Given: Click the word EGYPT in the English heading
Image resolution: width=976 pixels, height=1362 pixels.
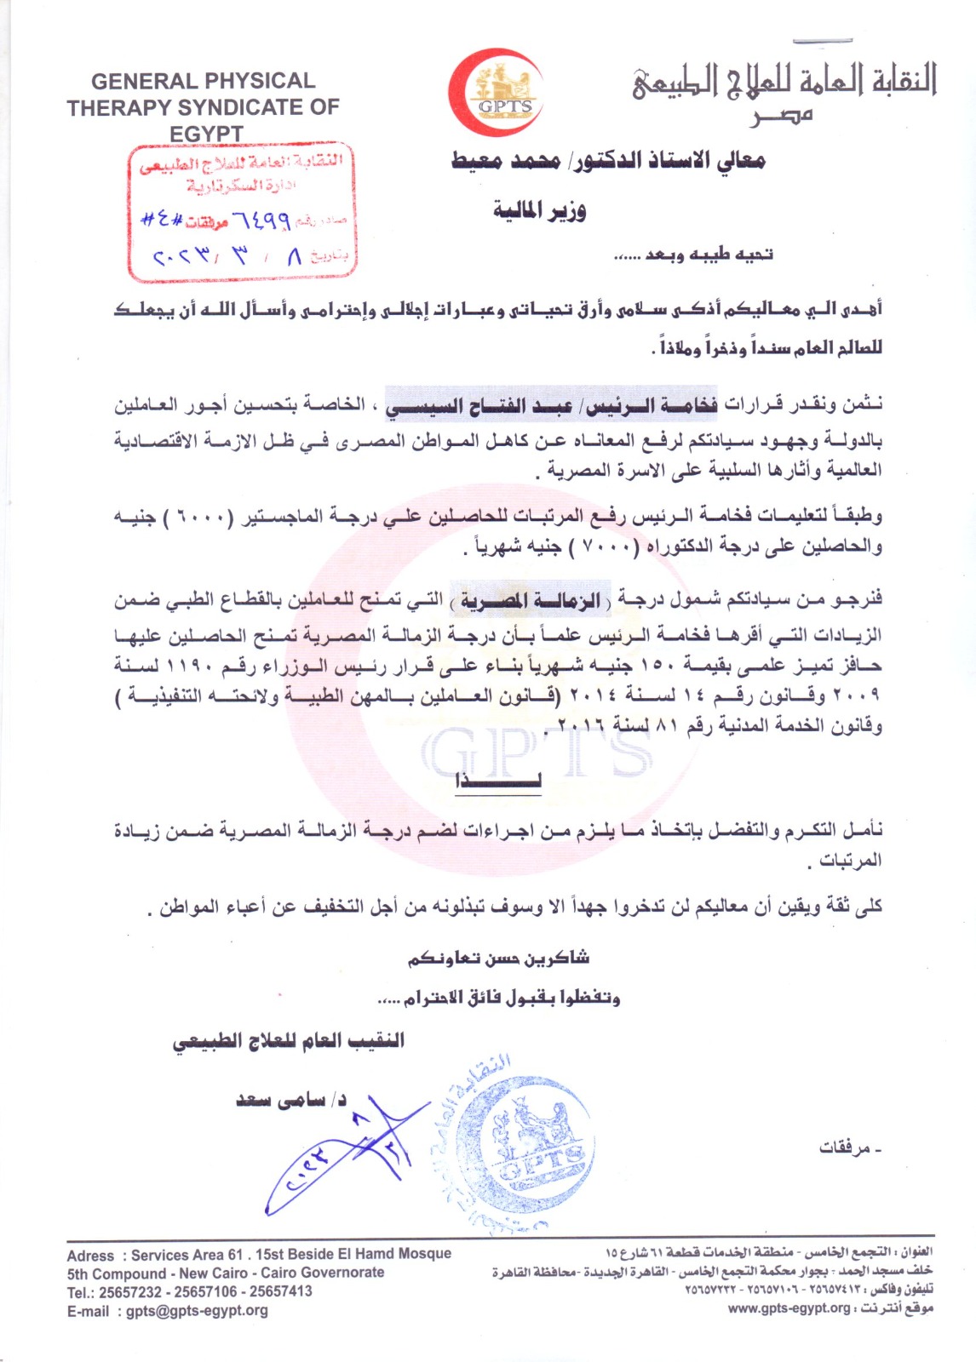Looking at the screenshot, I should click(x=206, y=134).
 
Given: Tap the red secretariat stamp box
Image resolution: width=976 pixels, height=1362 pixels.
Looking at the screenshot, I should click(x=242, y=211).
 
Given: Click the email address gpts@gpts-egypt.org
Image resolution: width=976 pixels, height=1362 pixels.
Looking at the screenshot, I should click(x=197, y=1311).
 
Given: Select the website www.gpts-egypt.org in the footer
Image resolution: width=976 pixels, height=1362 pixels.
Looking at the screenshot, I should click(x=789, y=1308).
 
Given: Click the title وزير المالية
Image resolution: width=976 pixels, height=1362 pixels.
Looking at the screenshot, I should click(x=539, y=210).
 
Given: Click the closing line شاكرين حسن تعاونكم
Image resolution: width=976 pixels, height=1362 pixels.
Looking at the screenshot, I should click(x=498, y=959).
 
